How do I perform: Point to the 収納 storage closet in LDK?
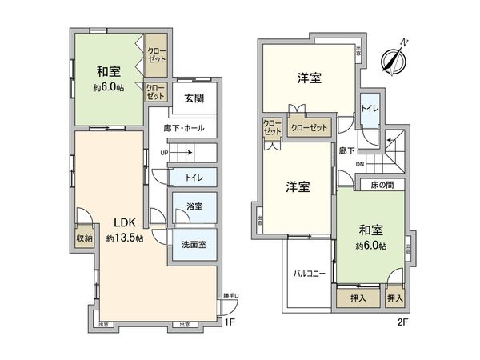pyautogui.click(x=84, y=237)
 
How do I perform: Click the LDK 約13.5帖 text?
pyautogui.click(x=122, y=230)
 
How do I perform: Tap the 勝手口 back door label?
pyautogui.click(x=230, y=296)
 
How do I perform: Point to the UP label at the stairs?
pyautogui.click(x=164, y=153)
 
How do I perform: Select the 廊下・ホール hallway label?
pyautogui.click(x=183, y=128)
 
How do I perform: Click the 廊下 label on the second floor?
pyautogui.click(x=346, y=150)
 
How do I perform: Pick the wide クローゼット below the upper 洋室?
pyautogui.click(x=309, y=127)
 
